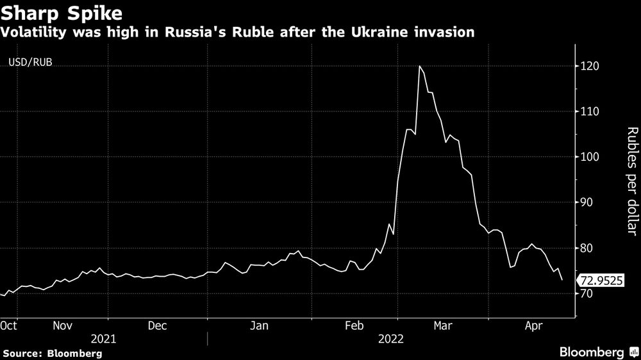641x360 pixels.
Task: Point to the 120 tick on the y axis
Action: coord(590,66)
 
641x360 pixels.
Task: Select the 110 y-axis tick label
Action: coord(590,111)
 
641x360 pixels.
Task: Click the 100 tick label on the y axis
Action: coord(590,157)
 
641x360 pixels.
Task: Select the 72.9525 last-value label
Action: coord(601,281)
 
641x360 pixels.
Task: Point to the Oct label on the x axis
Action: coord(8,325)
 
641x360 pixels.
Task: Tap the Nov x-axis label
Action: coord(62,325)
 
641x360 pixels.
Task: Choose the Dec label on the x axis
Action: coord(158,325)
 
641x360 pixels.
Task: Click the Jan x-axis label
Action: coord(259,325)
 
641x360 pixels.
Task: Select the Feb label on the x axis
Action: coord(354,325)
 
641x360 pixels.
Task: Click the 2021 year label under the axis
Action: coord(103,338)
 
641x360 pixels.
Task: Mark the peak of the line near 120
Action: coord(419,66)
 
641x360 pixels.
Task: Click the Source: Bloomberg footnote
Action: coord(51,353)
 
